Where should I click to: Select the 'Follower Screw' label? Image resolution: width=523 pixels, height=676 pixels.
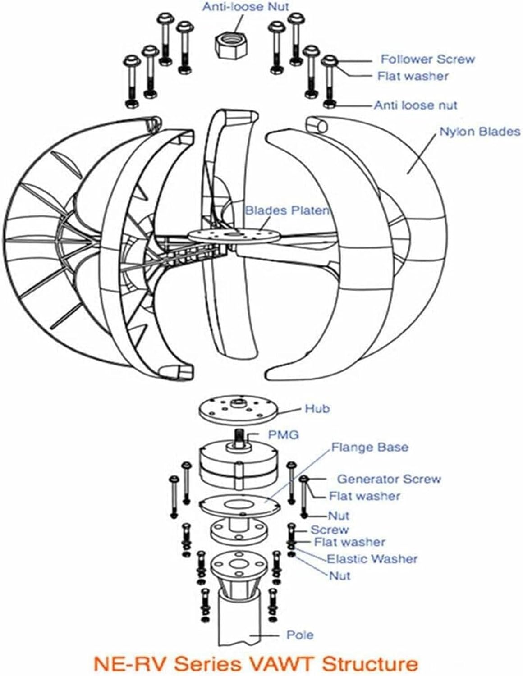[427, 59]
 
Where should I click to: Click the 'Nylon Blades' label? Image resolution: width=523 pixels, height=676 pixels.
[480, 132]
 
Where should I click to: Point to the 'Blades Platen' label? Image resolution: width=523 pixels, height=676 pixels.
[287, 210]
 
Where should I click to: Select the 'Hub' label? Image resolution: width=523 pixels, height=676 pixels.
[317, 409]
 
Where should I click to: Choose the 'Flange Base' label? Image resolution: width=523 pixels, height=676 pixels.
[370, 448]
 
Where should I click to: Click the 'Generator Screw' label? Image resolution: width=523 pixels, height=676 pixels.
[389, 479]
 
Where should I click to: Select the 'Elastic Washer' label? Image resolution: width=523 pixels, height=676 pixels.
[372, 559]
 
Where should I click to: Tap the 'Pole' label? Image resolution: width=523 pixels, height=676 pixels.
[300, 635]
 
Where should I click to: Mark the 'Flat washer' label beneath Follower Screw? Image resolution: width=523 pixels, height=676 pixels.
[413, 76]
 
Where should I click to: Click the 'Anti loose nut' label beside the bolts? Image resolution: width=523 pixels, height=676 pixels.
[415, 105]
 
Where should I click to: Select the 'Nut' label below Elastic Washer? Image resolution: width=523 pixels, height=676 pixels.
[339, 576]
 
